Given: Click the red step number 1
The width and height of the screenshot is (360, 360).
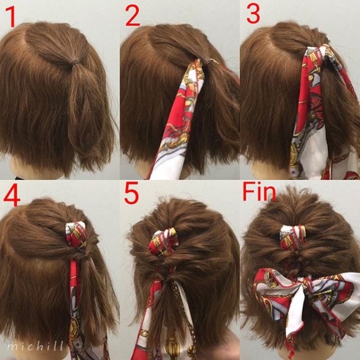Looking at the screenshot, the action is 11,17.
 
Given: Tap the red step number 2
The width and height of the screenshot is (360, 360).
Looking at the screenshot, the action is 133,16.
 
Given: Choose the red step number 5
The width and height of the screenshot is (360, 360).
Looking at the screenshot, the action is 131,193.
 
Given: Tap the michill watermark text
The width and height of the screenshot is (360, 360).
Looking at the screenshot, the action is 35,346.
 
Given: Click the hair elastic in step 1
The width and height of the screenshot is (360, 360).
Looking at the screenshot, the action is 73,62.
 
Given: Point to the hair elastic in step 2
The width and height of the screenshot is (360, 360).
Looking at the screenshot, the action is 211,62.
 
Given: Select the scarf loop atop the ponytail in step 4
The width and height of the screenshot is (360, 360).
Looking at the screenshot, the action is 76,234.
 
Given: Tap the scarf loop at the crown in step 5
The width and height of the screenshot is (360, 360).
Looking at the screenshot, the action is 163,242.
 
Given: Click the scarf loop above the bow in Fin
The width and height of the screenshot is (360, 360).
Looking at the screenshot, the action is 293,238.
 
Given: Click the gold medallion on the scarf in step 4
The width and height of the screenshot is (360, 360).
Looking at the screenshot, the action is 74,328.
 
